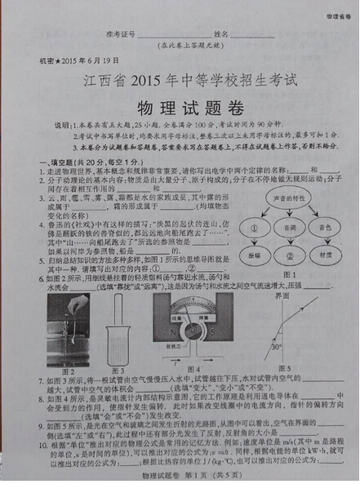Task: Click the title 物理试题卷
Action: coord(180,109)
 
